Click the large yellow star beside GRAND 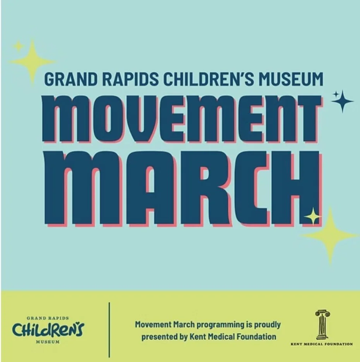point(33,61)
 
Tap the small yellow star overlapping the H point(312,217)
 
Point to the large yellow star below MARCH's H point(330,235)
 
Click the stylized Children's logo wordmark point(48,330)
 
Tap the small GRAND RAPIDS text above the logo point(48,318)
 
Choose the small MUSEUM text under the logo point(48,342)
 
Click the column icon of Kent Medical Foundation point(322,325)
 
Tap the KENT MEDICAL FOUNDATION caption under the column point(322,344)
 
